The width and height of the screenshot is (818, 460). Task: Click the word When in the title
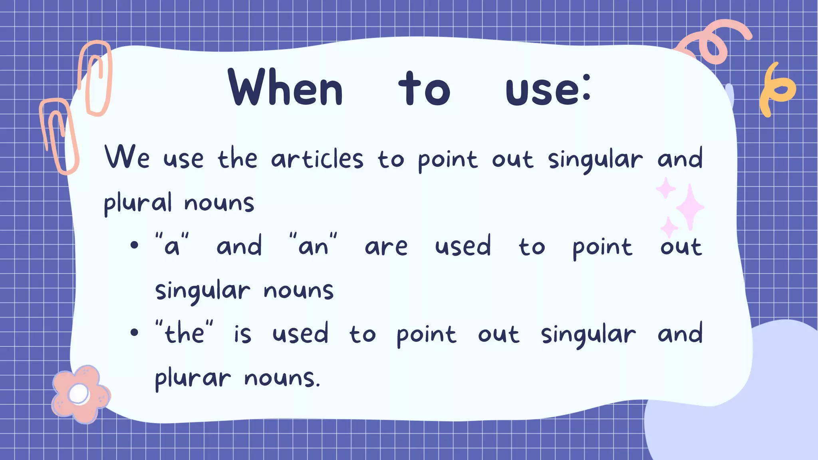coord(286,88)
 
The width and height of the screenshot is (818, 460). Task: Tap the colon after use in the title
coord(586,88)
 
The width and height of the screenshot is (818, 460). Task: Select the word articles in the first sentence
coord(317,159)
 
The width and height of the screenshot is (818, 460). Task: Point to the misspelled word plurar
coord(193,378)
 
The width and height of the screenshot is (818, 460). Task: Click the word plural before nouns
coord(138,202)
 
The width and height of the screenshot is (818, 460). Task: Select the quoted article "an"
coord(313,245)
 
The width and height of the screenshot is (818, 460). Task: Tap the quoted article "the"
coord(184,333)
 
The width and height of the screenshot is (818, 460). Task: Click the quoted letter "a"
coord(172,245)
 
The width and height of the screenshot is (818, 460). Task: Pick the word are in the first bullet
coord(386,247)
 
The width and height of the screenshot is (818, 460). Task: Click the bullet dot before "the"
coord(134,332)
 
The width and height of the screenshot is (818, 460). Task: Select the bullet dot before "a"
coord(134,245)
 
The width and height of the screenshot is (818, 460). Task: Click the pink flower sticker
coord(80,394)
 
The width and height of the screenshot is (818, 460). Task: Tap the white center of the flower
coord(79,394)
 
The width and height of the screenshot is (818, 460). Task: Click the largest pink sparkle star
coord(689,207)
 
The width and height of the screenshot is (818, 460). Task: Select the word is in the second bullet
coord(242,334)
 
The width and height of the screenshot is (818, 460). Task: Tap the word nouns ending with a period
coord(282,378)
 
